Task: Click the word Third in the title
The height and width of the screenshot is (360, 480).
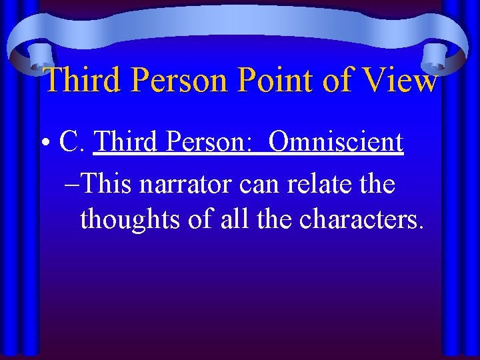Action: [85, 81]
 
